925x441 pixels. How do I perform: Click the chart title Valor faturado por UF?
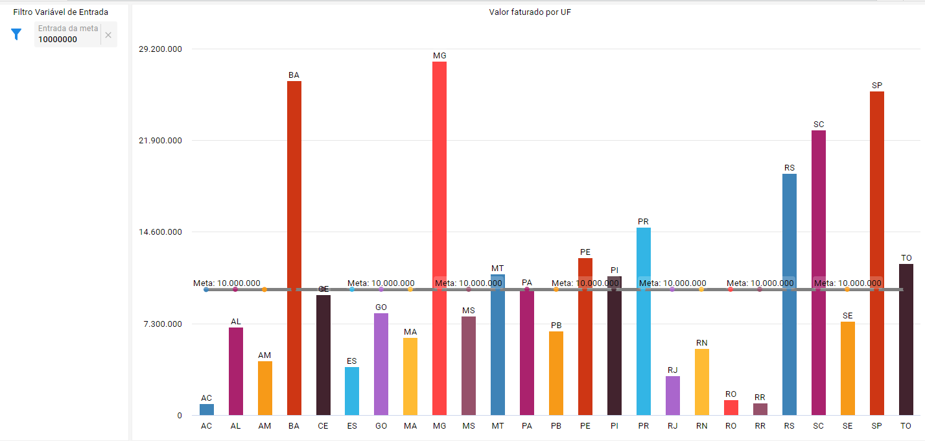click(530, 12)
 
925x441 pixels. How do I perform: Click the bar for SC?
click(819, 272)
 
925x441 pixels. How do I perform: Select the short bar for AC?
click(207, 409)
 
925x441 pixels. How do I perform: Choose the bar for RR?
click(760, 409)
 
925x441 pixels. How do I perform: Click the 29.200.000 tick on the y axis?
click(161, 49)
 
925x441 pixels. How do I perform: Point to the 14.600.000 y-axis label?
click(161, 232)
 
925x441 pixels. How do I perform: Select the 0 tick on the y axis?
click(180, 416)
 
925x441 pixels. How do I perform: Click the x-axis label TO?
click(906, 426)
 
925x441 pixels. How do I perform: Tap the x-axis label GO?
click(381, 426)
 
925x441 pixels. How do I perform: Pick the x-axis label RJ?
click(673, 426)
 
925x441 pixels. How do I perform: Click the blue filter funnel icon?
click(17, 34)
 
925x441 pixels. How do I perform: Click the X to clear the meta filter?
click(108, 35)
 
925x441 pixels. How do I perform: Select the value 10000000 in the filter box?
click(58, 40)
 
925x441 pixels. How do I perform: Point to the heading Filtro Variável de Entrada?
click(61, 12)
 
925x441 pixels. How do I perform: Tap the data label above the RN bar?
click(702, 342)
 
